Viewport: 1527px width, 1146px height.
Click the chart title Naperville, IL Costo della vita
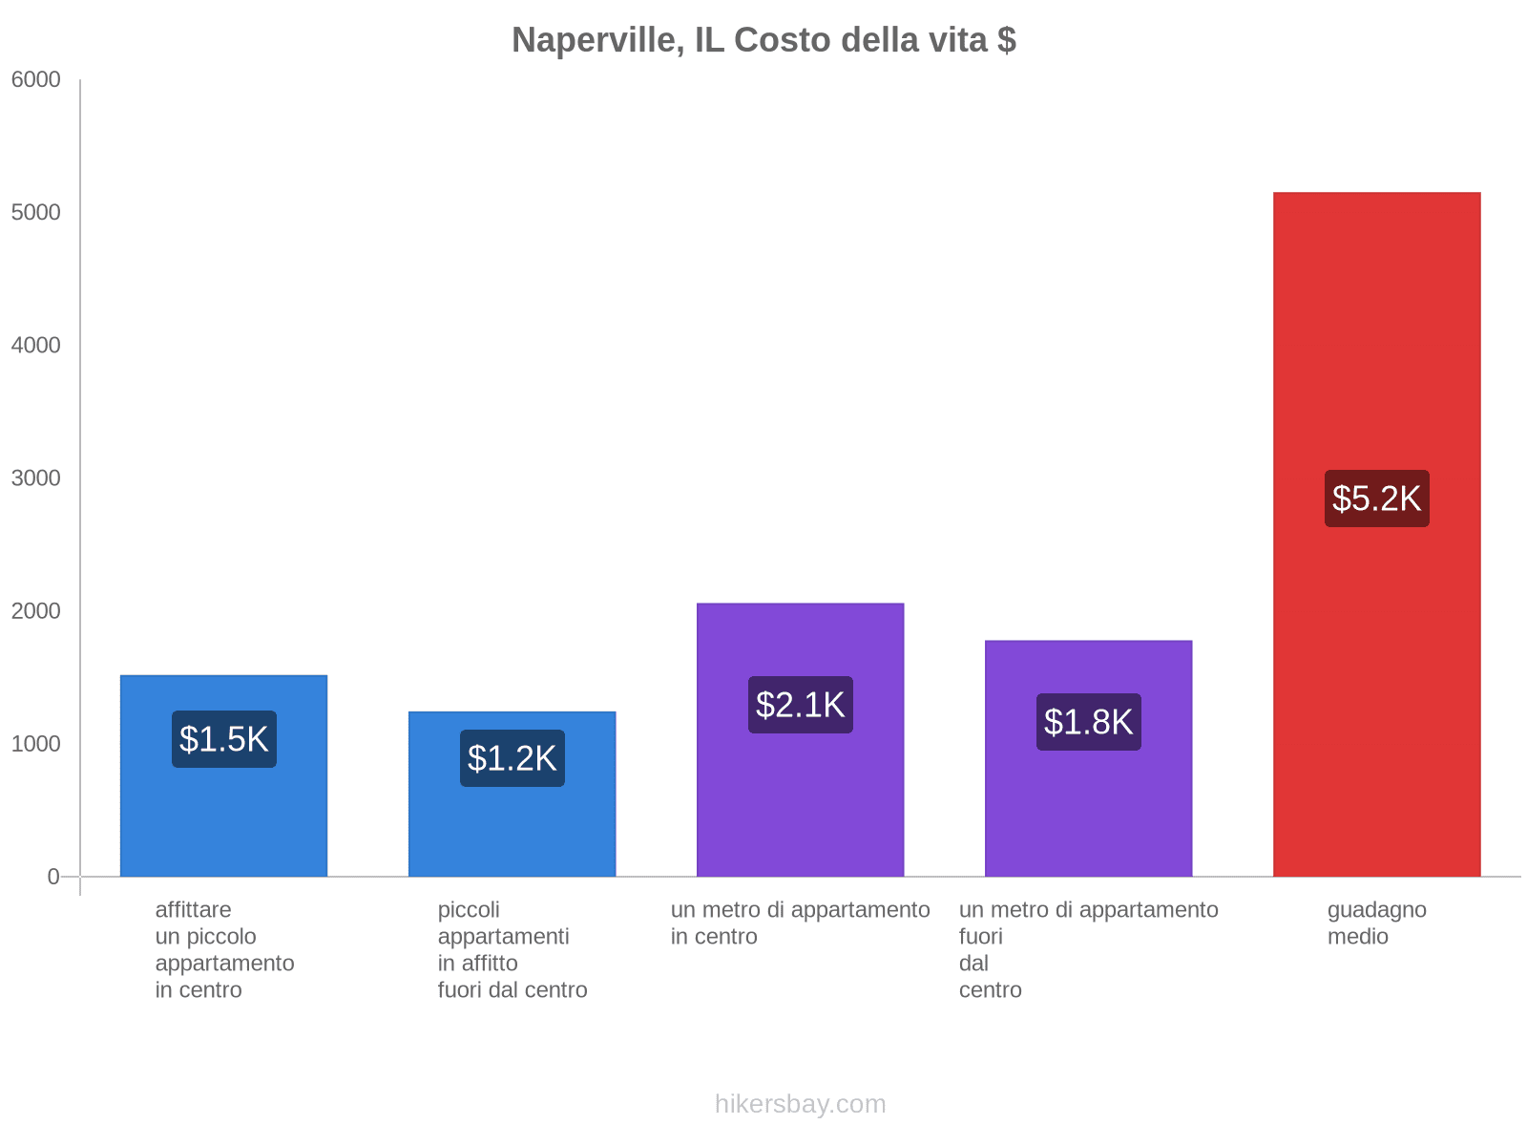(763, 40)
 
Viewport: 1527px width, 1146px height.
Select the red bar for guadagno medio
(1376, 668)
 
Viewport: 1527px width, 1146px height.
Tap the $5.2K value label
(1376, 499)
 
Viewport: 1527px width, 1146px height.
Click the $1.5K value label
(224, 739)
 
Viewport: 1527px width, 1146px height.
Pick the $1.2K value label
(512, 758)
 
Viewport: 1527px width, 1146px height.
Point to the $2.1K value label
(800, 705)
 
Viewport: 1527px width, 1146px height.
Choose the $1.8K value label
(1088, 722)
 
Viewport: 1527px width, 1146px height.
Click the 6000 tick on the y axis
(36, 80)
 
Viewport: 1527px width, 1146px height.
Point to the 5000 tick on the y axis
(36, 213)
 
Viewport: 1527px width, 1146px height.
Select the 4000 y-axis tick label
(36, 346)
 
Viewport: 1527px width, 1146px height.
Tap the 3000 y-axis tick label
(36, 478)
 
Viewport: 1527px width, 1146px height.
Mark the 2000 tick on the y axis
(36, 611)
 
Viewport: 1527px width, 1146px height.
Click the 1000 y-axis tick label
(36, 744)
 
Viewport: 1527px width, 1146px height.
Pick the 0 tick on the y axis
(53, 877)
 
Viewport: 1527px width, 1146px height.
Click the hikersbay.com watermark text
(800, 1104)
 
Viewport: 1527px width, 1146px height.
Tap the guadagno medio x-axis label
(1376, 923)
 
